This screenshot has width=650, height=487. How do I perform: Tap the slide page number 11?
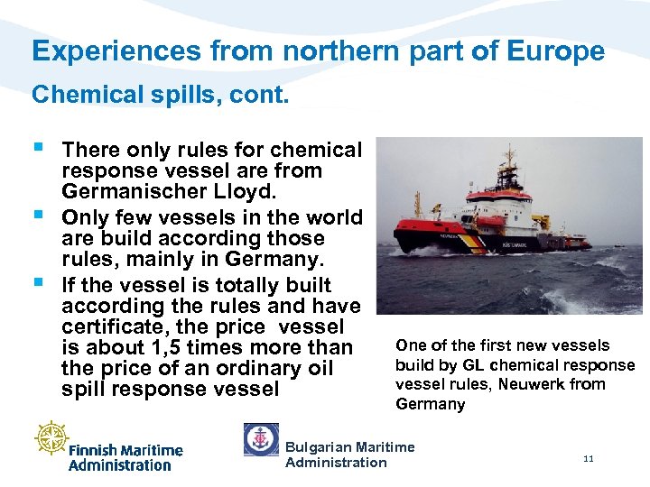click(x=589, y=459)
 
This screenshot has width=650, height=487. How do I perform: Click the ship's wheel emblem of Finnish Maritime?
click(x=51, y=437)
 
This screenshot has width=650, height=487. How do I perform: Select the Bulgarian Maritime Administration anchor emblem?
click(x=261, y=439)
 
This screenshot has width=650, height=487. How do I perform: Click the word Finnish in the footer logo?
click(x=96, y=450)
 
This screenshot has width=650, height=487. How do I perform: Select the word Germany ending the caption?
click(x=431, y=404)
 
